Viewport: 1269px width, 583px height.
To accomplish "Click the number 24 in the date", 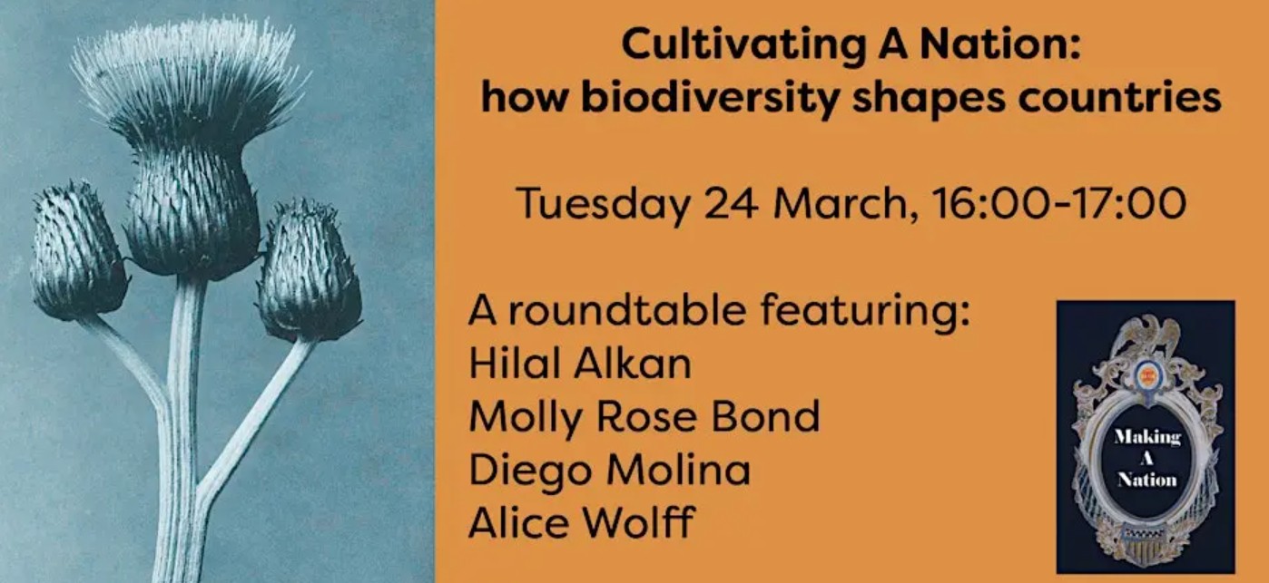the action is (x=731, y=203).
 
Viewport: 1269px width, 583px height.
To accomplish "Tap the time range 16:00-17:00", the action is (x=1058, y=203).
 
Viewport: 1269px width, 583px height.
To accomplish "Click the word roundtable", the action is (x=626, y=310).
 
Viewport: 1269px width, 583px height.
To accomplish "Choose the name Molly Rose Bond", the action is (x=644, y=416).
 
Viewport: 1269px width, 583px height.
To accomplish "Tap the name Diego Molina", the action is (x=610, y=470).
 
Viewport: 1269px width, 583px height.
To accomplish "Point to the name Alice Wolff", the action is (x=582, y=522).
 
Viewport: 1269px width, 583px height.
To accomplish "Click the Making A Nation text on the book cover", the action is (x=1147, y=458).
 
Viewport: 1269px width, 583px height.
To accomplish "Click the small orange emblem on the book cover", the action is (x=1147, y=375).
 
